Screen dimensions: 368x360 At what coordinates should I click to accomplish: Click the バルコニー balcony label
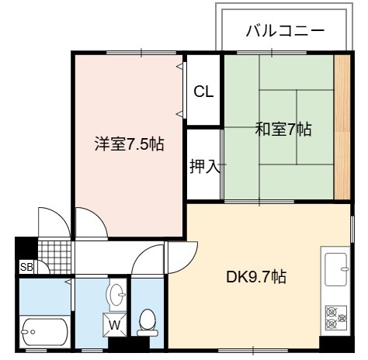(x=285, y=31)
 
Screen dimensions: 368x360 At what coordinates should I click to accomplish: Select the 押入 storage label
(x=205, y=166)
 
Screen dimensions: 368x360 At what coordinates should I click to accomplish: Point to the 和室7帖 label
(x=283, y=129)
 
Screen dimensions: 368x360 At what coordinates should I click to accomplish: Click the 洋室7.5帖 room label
(x=129, y=144)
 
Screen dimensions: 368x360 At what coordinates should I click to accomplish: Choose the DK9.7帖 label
(x=256, y=277)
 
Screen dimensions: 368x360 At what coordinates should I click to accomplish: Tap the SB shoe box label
(x=26, y=267)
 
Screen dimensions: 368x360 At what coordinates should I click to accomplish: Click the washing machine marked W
(x=115, y=325)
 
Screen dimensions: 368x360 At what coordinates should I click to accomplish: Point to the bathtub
(x=45, y=332)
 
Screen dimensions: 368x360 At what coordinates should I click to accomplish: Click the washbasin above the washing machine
(x=117, y=295)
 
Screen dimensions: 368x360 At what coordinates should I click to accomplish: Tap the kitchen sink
(x=336, y=269)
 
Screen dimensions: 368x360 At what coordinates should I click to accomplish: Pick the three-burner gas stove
(x=336, y=317)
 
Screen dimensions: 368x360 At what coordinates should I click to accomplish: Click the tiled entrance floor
(x=54, y=257)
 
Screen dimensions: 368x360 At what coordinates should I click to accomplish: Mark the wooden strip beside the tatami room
(x=342, y=126)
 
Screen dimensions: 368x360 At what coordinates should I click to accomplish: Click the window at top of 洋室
(x=141, y=53)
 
